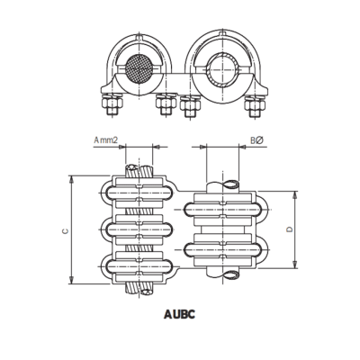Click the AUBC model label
pyautogui.click(x=180, y=316)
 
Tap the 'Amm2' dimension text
pyautogui.click(x=107, y=141)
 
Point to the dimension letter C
pyautogui.click(x=64, y=230)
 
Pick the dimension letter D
pyautogui.click(x=287, y=230)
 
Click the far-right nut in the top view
pyautogui.click(x=253, y=105)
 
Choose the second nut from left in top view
pyautogui.click(x=165, y=105)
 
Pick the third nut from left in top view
pyautogui.click(x=191, y=106)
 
